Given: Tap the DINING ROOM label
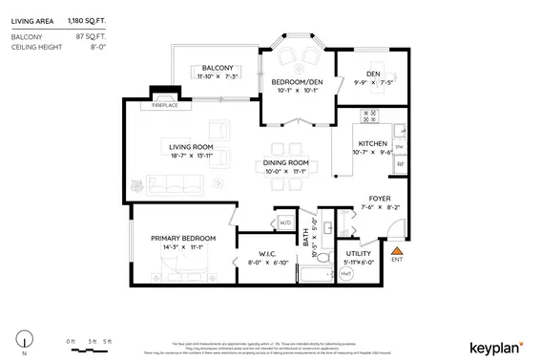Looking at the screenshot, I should click(x=286, y=162).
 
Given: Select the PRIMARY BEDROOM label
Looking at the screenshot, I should click(x=183, y=238).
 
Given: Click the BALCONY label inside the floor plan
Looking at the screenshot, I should click(x=218, y=68).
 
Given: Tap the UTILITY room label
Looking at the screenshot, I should click(x=360, y=253).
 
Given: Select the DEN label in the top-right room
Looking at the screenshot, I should click(x=373, y=74).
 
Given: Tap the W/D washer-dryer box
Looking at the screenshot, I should click(x=285, y=223).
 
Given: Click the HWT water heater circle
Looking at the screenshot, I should click(x=345, y=275).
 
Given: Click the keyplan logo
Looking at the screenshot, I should click(x=495, y=346).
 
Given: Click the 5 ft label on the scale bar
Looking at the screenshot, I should click(x=108, y=341).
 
